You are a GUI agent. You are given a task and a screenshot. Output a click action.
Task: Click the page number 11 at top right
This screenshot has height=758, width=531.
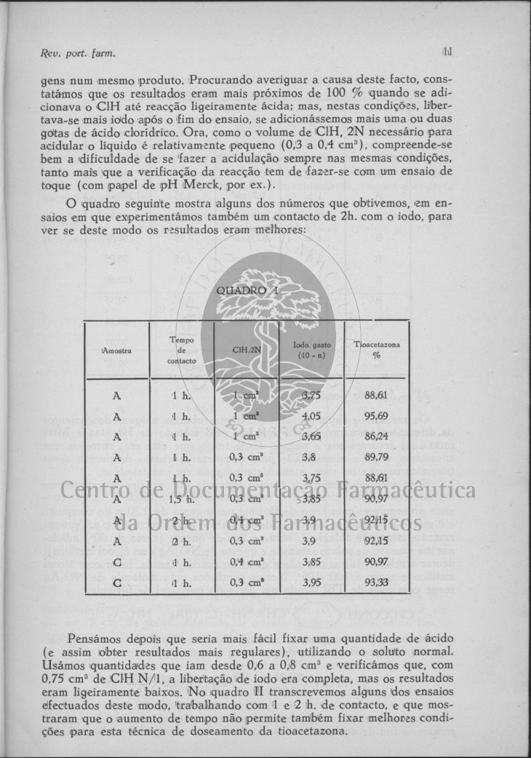(x=447, y=52)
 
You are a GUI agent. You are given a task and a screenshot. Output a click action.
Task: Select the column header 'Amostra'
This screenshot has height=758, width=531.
(x=117, y=350)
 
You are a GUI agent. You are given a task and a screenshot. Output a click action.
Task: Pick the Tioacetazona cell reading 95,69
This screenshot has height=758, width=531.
(x=375, y=417)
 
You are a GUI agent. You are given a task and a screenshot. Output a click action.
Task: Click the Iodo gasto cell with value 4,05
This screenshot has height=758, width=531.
(x=311, y=417)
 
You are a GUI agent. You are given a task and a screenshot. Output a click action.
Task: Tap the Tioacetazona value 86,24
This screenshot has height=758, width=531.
(x=375, y=437)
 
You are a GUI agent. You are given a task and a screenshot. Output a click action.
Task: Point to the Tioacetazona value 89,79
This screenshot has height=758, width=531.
(x=375, y=458)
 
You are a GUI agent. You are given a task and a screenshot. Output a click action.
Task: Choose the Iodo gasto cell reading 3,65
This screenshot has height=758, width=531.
(x=311, y=437)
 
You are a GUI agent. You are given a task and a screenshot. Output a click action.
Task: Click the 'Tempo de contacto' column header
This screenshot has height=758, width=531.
(x=181, y=350)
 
